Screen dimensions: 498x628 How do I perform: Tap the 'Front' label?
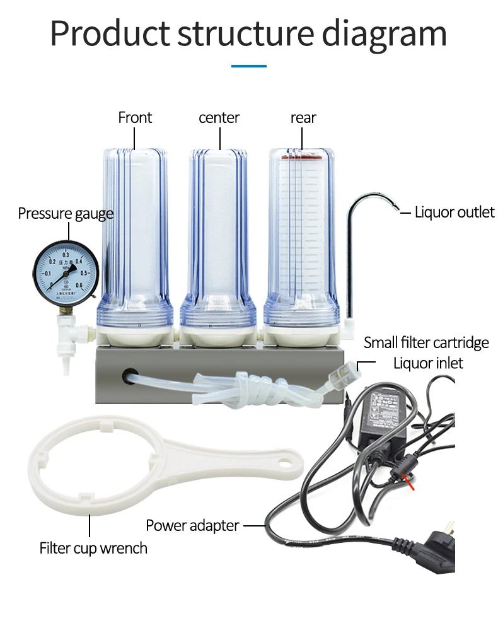point(135,118)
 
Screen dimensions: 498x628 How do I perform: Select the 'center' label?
point(219,118)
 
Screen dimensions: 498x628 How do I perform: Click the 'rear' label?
point(303,118)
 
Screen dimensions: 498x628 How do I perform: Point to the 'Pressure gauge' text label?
point(66,214)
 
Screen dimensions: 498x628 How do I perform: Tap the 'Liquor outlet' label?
point(455,212)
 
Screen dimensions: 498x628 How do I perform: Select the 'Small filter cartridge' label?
point(426,342)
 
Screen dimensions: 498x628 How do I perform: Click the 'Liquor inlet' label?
point(428,363)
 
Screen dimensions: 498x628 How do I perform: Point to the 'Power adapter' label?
point(192,525)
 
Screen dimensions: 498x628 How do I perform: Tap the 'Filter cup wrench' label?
point(93,548)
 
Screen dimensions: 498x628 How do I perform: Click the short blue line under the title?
point(248,66)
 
